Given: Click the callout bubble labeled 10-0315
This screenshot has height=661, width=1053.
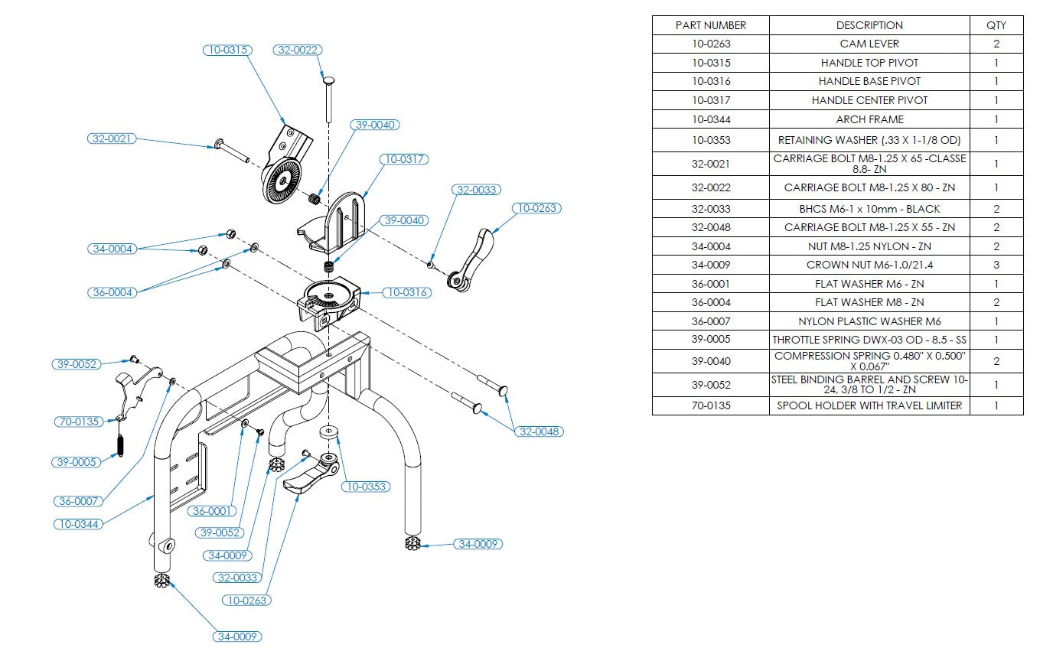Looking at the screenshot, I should point(227,50).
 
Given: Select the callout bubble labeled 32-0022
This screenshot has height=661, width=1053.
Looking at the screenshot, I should point(297,50).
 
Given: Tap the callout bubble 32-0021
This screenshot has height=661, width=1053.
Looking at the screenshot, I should point(111,138).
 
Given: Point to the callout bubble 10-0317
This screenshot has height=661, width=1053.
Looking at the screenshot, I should point(404,159).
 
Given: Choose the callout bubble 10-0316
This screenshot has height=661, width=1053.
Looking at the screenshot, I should point(407,292).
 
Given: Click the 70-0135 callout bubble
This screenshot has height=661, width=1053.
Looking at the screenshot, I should point(78,421).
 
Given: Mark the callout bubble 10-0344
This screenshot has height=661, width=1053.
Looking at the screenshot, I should point(78,524).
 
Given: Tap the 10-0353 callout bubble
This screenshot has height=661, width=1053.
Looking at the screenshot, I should point(365,487).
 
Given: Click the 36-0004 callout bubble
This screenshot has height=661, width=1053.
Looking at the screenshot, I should point(111,292).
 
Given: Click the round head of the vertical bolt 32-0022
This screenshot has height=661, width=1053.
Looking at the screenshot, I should point(328,80).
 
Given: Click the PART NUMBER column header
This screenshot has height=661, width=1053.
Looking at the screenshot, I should point(710,25).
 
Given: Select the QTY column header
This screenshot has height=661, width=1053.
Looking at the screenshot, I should point(996,25).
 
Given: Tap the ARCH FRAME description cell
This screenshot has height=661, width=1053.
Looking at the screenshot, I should point(869,119).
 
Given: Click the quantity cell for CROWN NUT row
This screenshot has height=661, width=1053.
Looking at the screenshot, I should point(996,265).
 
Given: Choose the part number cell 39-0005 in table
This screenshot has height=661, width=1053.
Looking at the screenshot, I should point(710,339).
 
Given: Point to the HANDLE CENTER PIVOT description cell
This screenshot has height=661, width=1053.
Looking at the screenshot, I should point(869,100).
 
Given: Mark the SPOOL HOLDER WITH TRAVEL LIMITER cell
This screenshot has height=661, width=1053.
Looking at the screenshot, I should point(869,405).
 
